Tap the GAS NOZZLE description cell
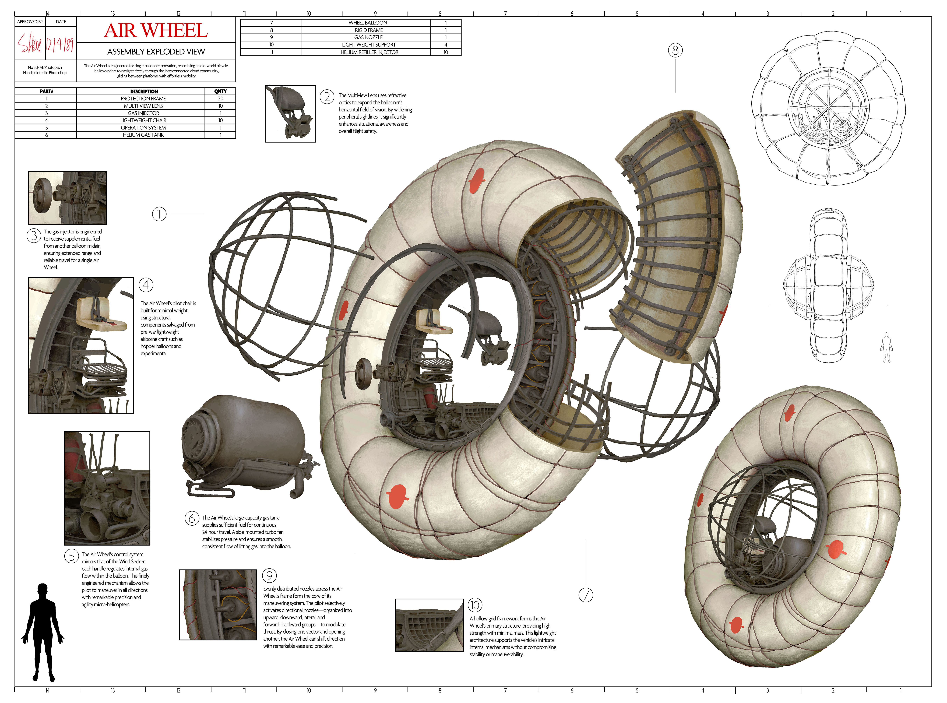tap(368, 37)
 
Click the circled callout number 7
tap(586, 595)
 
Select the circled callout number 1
tap(159, 214)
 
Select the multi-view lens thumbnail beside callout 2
tap(290, 114)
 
